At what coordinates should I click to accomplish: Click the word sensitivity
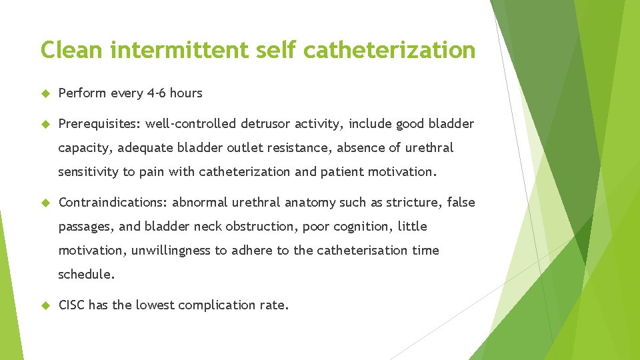tap(87, 172)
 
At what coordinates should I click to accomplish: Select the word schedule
tap(86, 275)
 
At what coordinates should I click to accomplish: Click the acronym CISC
tap(72, 305)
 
